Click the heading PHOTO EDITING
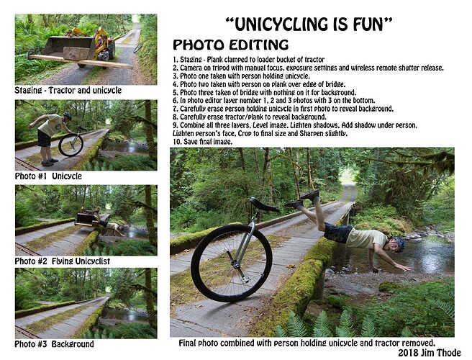230,45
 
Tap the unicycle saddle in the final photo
263,204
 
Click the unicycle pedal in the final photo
245,279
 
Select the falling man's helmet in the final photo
399,243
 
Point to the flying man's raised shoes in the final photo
302,199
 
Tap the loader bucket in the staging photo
70,48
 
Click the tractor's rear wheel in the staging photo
111,49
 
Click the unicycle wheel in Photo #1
71,145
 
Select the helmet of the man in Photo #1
68,116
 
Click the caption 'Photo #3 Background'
54,344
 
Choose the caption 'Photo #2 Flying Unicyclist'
63,261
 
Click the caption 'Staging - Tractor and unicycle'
68,91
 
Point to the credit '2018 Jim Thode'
430,353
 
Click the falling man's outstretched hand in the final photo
402,267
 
